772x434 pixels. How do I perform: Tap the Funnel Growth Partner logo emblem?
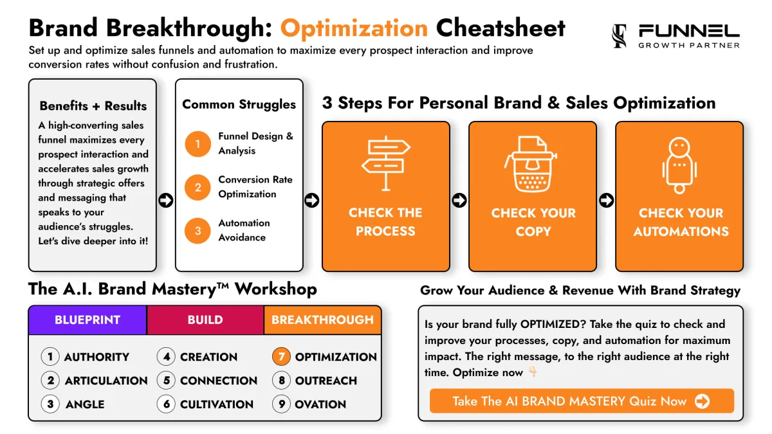coord(620,36)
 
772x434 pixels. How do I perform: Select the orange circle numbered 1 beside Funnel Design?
coord(198,144)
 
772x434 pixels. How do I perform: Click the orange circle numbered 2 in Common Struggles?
coord(198,187)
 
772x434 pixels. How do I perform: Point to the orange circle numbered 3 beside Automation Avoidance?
coord(198,231)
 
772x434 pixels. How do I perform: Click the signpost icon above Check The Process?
coord(386,163)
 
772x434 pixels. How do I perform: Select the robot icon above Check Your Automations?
coord(679,165)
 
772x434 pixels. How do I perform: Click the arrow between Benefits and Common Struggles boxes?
coord(166,201)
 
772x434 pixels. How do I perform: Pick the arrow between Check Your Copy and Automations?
coord(606,201)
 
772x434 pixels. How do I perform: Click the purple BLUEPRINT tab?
coord(87,320)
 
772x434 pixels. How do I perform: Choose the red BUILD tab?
coord(205,320)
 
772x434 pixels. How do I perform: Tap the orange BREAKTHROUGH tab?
coord(322,320)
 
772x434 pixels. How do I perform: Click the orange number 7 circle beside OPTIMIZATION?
coord(281,356)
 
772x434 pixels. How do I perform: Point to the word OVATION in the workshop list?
coord(320,404)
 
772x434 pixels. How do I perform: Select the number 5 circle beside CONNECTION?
coord(167,381)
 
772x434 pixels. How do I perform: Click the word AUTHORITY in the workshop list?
coord(97,357)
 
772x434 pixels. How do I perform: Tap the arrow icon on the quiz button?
coord(702,401)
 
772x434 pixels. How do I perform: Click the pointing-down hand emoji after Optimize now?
coord(533,372)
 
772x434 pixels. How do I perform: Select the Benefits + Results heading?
coord(93,105)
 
